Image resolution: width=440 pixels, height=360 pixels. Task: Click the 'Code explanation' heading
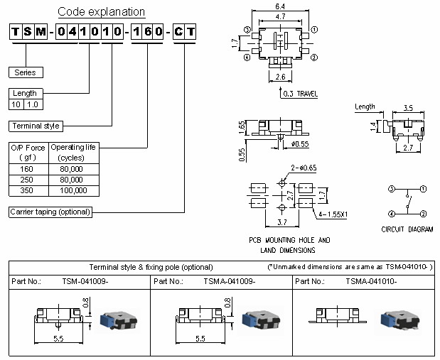(101, 12)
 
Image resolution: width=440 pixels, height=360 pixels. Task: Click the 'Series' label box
(26, 72)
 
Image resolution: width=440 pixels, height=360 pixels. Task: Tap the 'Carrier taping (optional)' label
(49, 212)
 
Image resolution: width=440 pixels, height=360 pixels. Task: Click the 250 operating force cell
(28, 180)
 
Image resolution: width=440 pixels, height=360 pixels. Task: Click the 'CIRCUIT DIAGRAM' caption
(407, 229)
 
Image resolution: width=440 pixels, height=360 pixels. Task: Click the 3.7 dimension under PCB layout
(281, 223)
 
